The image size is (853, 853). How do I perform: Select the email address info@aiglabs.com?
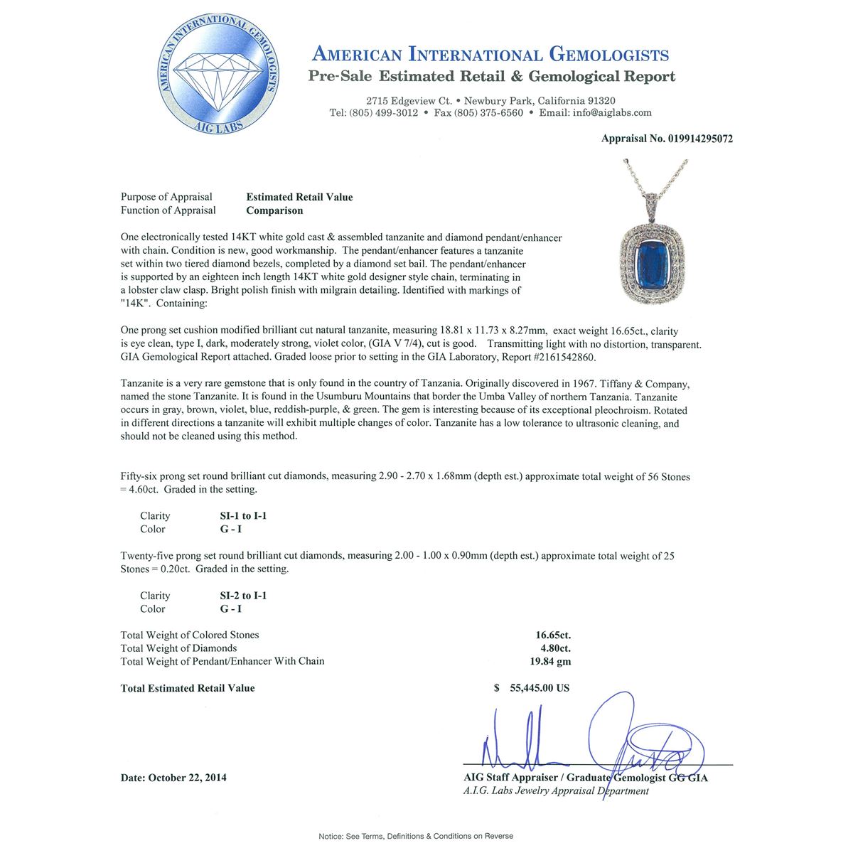coord(615,113)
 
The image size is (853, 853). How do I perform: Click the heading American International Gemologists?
coord(490,55)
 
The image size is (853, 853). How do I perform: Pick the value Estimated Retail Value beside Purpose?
coord(299,198)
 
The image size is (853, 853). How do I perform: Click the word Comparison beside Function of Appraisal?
coord(274,210)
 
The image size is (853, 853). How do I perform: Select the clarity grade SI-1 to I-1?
coord(243,516)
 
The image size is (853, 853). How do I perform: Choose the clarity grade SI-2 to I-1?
coord(243,596)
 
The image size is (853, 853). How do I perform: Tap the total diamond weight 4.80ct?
coord(554,648)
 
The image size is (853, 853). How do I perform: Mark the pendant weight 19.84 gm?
coord(553,661)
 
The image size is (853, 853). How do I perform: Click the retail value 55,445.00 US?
coord(540,688)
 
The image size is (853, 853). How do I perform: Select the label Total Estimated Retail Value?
coord(188,688)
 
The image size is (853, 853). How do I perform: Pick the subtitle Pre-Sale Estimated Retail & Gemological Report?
coord(491,77)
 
